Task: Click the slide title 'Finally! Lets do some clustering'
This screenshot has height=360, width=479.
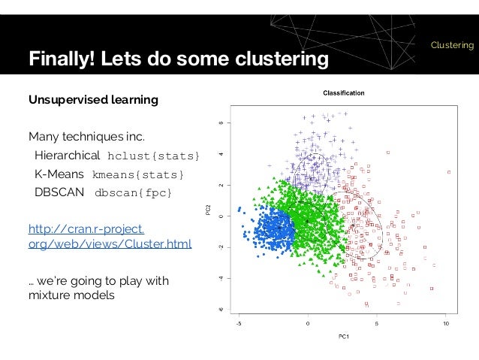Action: [x=179, y=59]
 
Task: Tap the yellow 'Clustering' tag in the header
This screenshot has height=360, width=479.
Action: [x=452, y=46]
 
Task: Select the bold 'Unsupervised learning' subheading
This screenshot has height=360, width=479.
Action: [x=93, y=100]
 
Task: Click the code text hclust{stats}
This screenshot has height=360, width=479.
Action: [x=154, y=156]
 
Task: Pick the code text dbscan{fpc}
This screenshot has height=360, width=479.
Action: [x=133, y=193]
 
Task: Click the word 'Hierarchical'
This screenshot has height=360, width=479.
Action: [x=67, y=156]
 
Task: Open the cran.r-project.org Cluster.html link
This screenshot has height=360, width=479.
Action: [x=110, y=235]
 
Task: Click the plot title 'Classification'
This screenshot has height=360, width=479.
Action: [x=344, y=93]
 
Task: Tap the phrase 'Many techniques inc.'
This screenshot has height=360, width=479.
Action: [x=85, y=137]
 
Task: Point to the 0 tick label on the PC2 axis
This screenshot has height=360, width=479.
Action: [x=220, y=216]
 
